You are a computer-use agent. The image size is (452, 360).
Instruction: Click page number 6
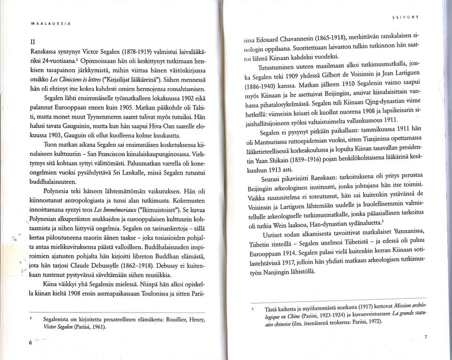[x=30, y=343]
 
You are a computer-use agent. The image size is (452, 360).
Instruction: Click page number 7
[x=425, y=336]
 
